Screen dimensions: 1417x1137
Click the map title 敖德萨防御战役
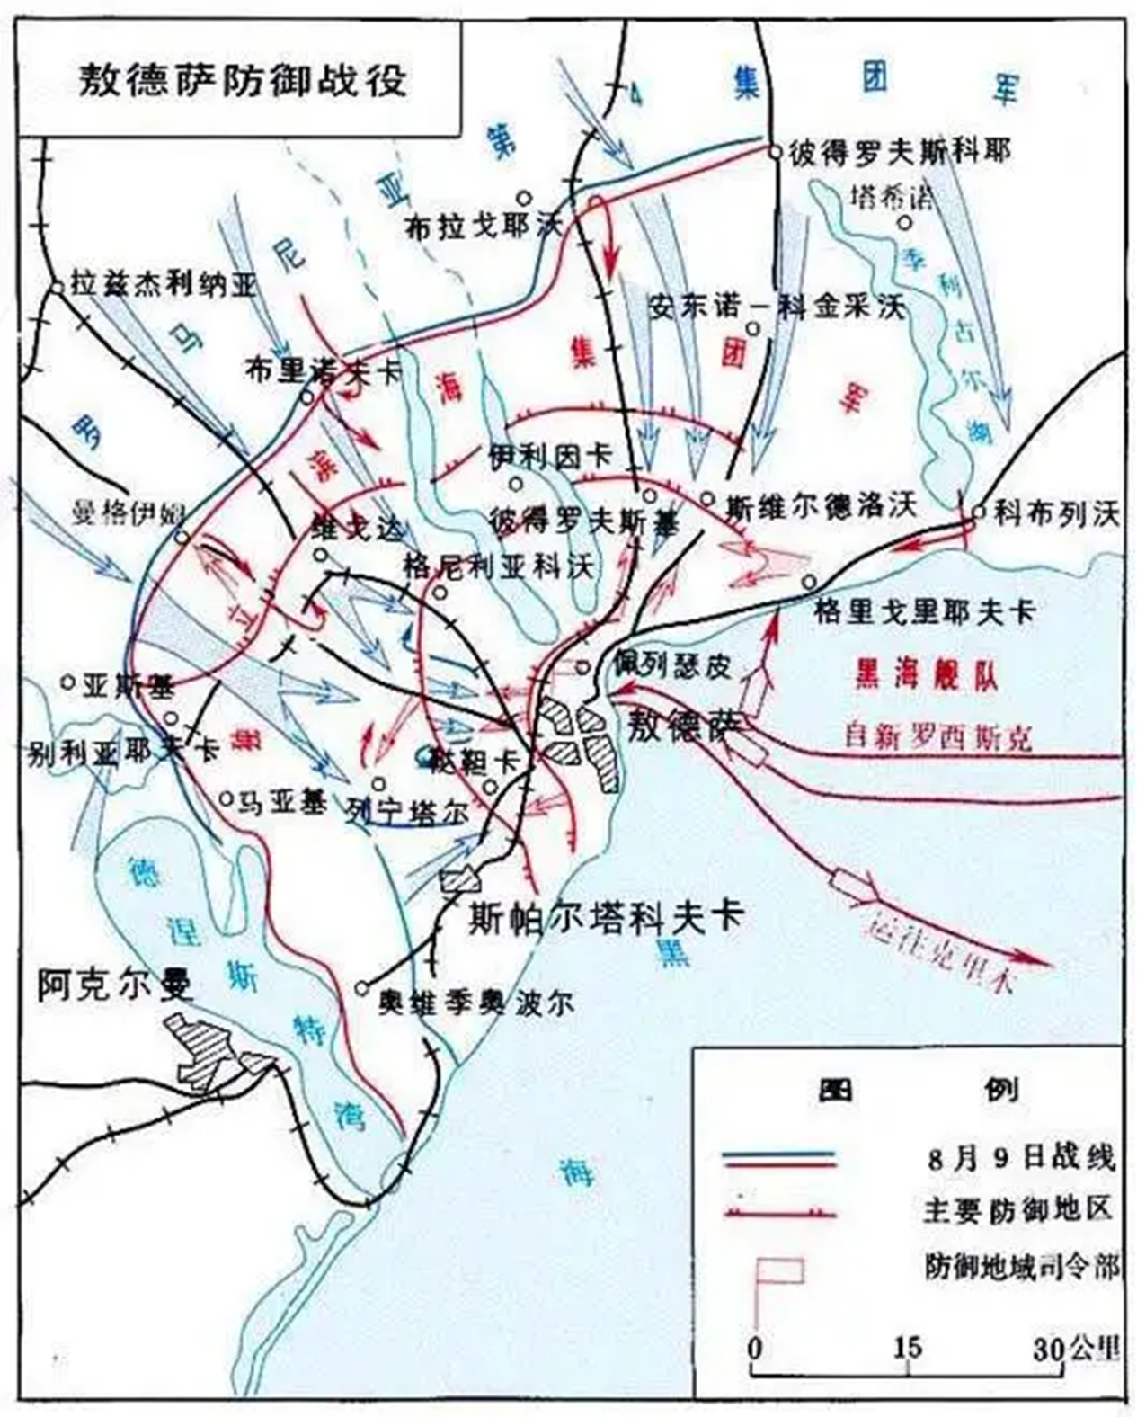point(241,80)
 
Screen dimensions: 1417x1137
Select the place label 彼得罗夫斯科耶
point(898,152)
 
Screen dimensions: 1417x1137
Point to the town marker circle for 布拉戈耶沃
point(525,198)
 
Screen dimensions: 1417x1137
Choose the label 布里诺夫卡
point(322,371)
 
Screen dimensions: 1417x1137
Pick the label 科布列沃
point(1055,513)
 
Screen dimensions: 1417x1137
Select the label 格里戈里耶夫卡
point(924,612)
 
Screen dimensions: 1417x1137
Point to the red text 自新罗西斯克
point(937,736)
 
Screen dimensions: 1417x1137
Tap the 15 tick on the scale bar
point(907,1349)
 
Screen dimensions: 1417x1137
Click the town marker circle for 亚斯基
point(67,682)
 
